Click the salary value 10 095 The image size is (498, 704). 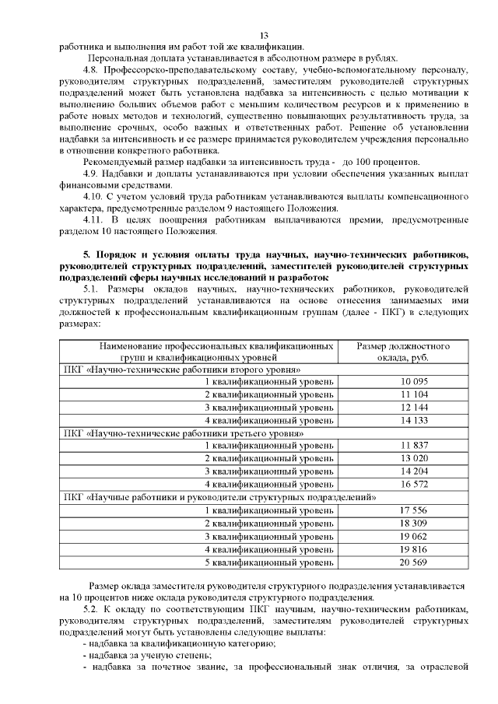415,381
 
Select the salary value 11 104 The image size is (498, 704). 415,394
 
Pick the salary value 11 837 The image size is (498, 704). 415,445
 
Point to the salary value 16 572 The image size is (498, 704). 415,483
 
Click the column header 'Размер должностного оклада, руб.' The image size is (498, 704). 403,350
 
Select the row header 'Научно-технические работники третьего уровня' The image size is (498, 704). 184,433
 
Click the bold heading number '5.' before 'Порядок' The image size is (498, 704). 86,254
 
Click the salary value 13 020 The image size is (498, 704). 415,458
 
